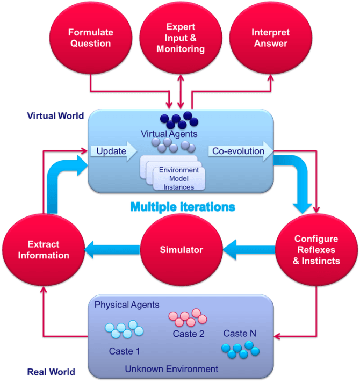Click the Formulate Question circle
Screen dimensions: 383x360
(90, 38)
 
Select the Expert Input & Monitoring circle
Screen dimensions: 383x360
(181, 38)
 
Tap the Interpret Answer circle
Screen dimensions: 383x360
(270, 38)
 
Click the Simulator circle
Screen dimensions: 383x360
(181, 250)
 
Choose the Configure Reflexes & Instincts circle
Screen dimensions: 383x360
(316, 250)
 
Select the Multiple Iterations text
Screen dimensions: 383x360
(182, 206)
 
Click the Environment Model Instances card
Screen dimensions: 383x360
(178, 177)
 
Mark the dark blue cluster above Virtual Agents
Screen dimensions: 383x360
(179, 119)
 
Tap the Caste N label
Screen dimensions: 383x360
(240, 334)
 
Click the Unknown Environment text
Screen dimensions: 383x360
(171, 369)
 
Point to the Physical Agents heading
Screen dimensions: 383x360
(127, 305)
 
